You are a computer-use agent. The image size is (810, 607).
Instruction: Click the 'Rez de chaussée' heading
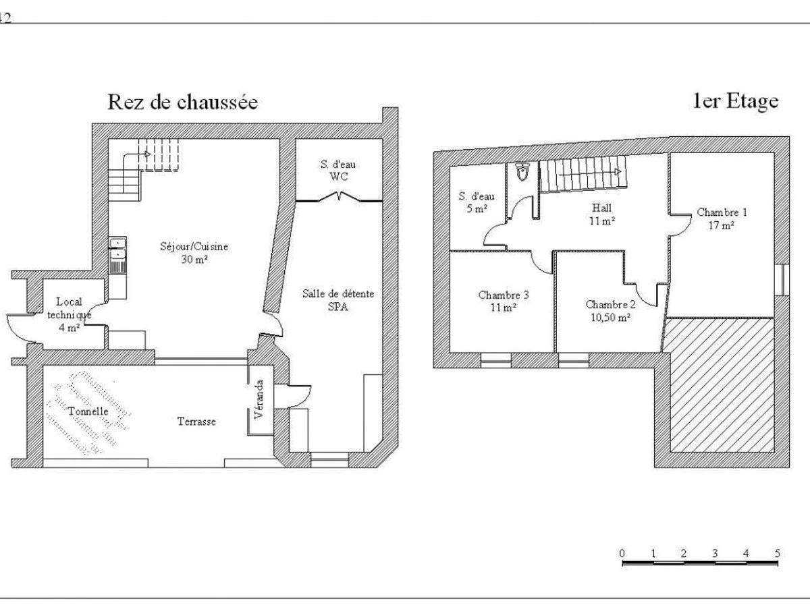click(183, 102)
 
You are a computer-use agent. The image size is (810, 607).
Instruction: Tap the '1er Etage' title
click(736, 101)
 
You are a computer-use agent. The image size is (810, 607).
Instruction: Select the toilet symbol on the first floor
click(522, 172)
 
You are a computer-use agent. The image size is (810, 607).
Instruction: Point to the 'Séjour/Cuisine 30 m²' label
click(194, 252)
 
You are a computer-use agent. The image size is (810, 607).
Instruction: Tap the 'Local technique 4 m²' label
click(69, 314)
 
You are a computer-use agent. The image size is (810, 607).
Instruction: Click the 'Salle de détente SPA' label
click(338, 300)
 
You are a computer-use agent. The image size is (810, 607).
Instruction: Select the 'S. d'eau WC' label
click(338, 170)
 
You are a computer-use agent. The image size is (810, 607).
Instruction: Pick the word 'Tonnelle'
click(88, 411)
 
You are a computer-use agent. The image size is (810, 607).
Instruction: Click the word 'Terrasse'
click(196, 422)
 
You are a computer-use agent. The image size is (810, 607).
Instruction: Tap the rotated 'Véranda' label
click(259, 399)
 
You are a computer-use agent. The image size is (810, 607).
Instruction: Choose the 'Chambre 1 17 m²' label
click(722, 219)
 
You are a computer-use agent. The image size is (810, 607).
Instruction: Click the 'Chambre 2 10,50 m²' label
click(611, 311)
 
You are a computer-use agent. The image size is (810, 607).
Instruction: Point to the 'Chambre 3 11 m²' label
click(504, 301)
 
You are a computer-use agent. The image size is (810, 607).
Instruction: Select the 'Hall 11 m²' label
click(602, 214)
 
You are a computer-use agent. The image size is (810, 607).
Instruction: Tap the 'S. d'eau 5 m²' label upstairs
click(477, 202)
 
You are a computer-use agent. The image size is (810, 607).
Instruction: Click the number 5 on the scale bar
click(778, 553)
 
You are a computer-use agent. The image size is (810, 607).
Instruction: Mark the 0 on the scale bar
click(622, 553)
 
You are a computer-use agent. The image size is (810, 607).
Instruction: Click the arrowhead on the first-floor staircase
click(618, 172)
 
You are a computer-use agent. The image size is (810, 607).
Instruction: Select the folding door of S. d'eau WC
click(339, 197)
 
